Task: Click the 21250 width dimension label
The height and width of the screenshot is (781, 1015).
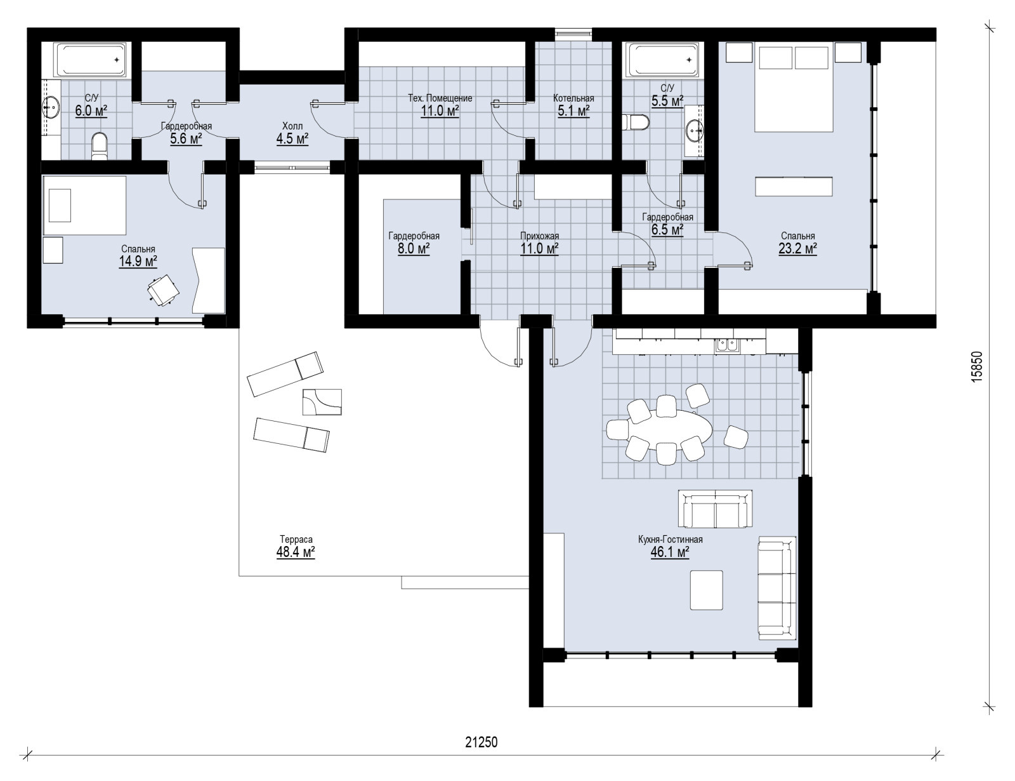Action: coord(481,742)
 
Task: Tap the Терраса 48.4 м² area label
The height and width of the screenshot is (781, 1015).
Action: coord(296,547)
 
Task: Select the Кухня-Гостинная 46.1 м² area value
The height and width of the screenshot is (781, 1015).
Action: coord(671,552)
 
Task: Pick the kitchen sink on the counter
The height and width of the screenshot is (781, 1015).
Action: coord(727,344)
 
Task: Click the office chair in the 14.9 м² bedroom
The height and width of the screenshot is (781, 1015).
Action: coord(162,290)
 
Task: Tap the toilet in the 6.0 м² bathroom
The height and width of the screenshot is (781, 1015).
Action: coord(99,146)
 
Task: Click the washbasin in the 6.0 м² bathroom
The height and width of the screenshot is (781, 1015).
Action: coord(51,108)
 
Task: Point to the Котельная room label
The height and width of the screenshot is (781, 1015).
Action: coord(573,98)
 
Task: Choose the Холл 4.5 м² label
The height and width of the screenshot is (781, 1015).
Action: coord(292,133)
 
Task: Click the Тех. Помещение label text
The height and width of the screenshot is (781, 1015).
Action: coord(440,98)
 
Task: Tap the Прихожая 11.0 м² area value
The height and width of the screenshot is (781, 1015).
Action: coord(539,249)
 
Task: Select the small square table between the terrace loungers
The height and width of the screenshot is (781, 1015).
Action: coord(322,402)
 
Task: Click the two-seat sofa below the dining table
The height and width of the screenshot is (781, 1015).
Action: coord(715,509)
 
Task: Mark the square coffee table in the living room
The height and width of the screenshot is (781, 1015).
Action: coord(707,590)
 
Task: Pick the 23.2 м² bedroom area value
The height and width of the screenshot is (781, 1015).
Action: coord(798,249)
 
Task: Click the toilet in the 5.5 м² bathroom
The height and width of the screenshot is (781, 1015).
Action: coord(636,123)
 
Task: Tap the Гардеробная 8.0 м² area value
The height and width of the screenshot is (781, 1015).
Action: coord(414,249)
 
